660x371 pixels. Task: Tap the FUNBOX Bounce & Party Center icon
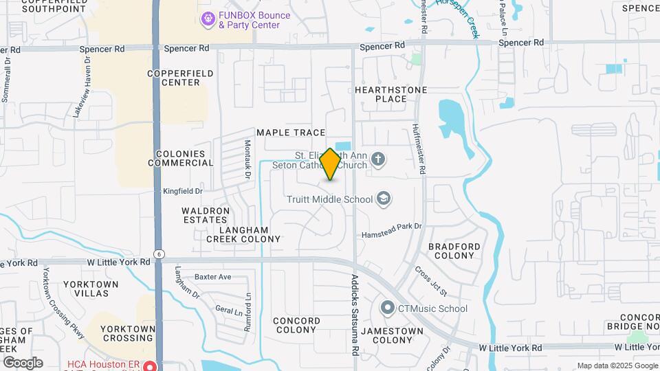pos(207,20)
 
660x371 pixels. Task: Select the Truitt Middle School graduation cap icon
pos(384,200)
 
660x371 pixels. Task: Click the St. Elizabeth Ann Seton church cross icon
pos(377,160)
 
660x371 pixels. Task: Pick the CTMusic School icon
pos(388,308)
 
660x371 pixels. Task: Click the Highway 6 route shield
pos(159,254)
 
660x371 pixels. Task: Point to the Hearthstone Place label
pos(391,94)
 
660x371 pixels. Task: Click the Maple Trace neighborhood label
pos(290,132)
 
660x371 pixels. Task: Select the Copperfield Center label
pos(173,77)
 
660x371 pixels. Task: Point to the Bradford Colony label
pos(454,251)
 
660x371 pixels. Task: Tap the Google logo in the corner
pos(23,362)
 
